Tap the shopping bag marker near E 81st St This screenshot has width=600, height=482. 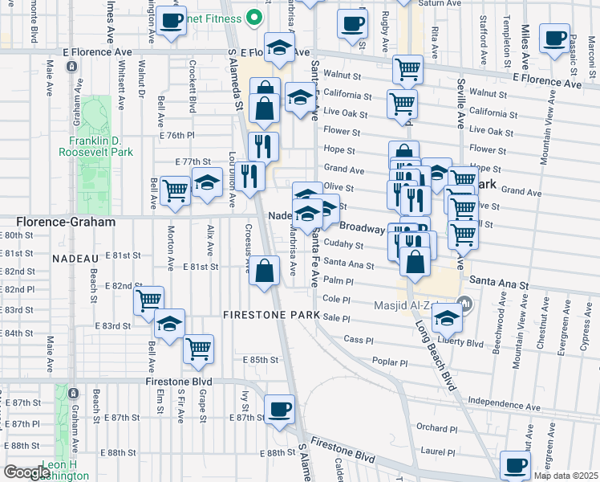point(264,272)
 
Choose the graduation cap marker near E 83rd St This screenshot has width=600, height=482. point(170,324)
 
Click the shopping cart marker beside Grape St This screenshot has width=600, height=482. point(198,349)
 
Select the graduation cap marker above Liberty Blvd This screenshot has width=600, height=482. point(446,319)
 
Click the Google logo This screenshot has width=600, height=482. point(27,472)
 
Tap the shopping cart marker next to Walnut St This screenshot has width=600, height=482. point(408,71)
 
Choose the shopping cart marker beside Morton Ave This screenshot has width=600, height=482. point(175,190)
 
